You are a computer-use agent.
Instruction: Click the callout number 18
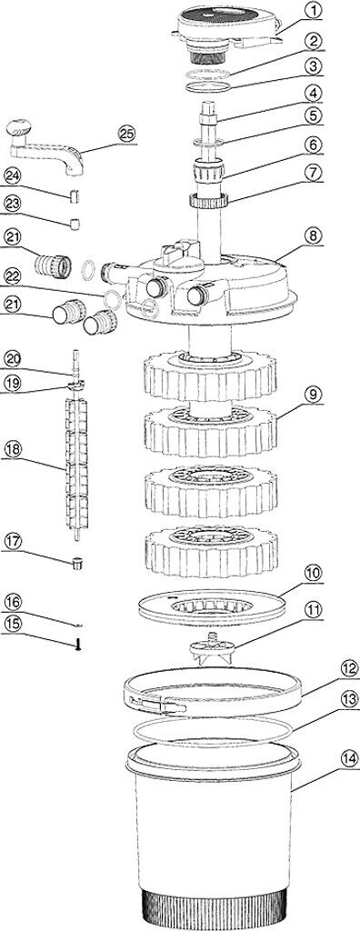point(13,449)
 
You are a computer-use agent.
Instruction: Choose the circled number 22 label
point(13,276)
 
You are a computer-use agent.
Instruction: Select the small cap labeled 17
point(76,562)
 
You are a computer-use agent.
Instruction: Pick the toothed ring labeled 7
point(208,200)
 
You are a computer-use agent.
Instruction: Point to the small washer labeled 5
point(210,142)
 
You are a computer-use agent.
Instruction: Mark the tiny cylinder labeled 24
point(75,195)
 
